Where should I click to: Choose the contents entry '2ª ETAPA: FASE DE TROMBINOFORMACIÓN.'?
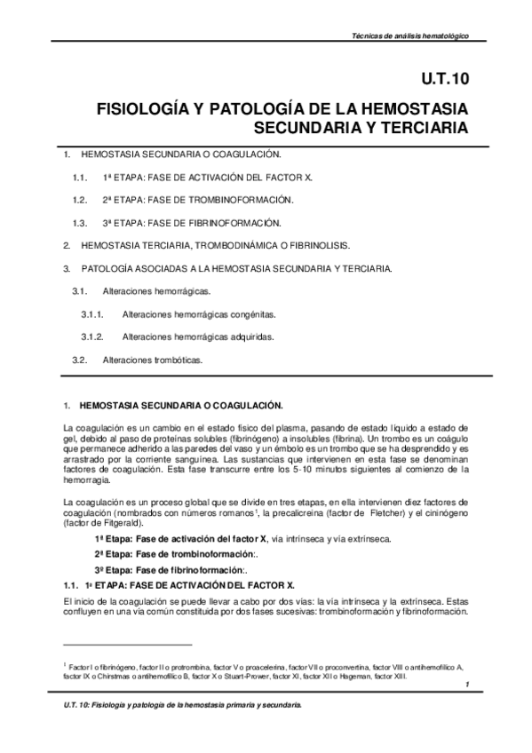[197, 199]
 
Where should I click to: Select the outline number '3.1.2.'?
[93, 337]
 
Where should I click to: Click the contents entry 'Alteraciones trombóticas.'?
[153, 360]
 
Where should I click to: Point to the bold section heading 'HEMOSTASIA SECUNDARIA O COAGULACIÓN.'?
[181, 406]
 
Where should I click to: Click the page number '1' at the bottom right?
[465, 686]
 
